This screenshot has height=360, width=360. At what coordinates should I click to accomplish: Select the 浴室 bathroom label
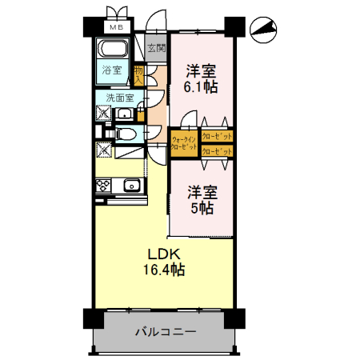112,70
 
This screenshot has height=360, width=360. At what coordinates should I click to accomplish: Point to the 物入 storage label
139,76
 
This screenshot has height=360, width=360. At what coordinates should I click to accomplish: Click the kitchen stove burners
103,186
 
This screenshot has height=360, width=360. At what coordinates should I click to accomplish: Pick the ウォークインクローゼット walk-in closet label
183,142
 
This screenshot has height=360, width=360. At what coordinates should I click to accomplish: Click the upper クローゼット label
217,136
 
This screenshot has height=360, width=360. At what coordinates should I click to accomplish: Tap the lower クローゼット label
217,150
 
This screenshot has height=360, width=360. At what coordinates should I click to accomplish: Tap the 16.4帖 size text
165,271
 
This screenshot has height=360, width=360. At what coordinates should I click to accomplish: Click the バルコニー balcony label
162,330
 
